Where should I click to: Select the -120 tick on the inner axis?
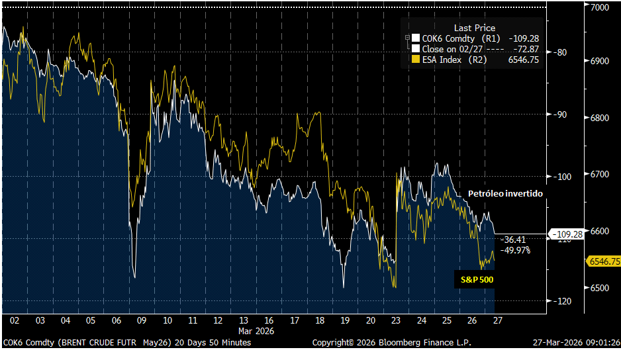562,301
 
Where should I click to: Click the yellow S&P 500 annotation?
477,280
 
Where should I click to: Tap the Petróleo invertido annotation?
505,193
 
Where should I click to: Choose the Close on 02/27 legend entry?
457,49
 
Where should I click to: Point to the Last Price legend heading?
475,28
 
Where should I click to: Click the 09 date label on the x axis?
141,320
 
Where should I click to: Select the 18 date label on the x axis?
319,320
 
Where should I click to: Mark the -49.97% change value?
516,249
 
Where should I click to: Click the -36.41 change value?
514,240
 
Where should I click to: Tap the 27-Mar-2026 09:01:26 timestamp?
576,343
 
